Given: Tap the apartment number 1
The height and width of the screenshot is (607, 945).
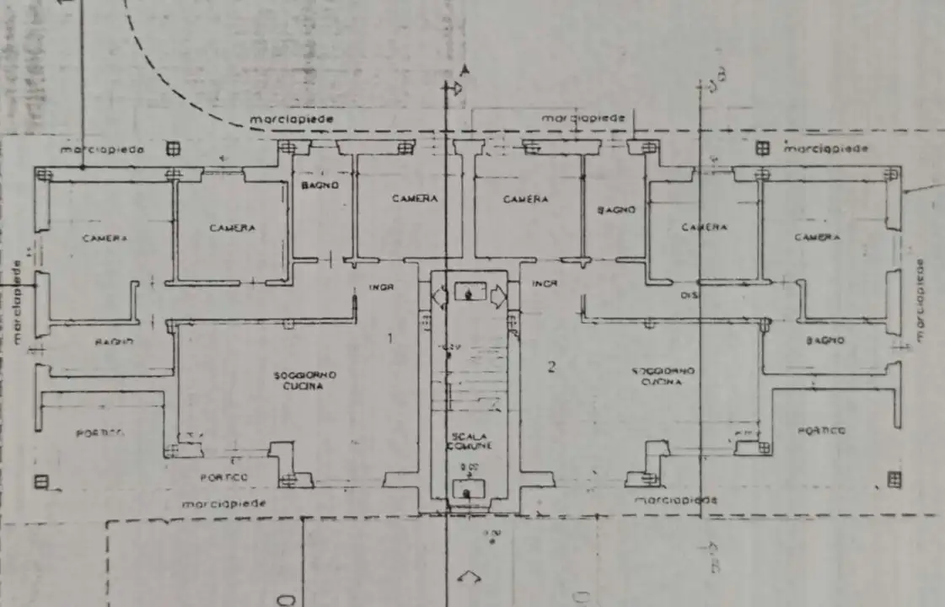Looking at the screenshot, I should [389, 339].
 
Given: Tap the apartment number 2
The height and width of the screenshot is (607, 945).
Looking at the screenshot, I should [552, 366].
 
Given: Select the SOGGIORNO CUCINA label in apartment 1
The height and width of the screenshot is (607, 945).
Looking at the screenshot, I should [305, 380].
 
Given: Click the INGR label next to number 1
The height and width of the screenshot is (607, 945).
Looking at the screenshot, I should [381, 287].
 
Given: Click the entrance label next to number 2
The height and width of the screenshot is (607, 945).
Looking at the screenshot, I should [544, 284].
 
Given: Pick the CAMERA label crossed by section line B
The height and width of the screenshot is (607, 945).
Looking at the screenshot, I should [703, 228].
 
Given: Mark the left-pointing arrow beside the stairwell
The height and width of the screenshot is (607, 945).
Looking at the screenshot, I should [439, 296].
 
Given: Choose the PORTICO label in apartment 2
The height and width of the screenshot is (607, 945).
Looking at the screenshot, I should [821, 431].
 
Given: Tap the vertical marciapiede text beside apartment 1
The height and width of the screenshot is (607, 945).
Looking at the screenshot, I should [17, 303].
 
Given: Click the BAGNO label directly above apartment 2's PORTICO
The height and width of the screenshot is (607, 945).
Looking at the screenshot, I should [824, 341].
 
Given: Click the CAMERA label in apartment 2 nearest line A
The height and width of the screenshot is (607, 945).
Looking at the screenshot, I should [525, 200].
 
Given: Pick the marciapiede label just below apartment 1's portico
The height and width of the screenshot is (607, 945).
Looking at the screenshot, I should [224, 502].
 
